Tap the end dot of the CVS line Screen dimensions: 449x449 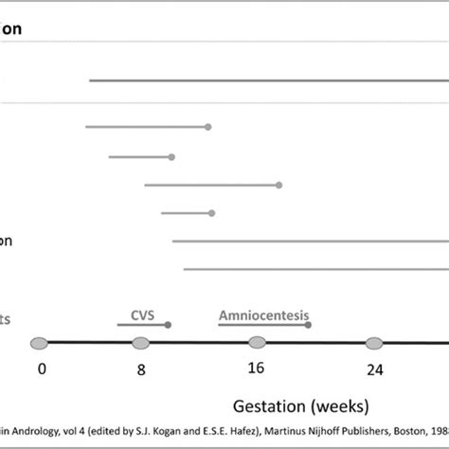[168, 325]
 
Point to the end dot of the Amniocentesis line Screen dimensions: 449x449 [308, 325]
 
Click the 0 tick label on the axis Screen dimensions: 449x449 [41, 370]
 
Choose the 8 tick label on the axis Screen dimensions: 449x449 [141, 370]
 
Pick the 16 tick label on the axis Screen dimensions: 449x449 [257, 370]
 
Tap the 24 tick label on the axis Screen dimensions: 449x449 [374, 370]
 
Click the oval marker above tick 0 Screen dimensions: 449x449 [39, 343]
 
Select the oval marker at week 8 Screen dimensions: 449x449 [141, 343]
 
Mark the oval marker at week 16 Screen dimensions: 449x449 [257, 343]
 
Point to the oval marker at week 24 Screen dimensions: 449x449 [374, 343]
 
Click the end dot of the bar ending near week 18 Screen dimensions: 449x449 [278, 185]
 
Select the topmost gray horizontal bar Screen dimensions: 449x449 [265, 81]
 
